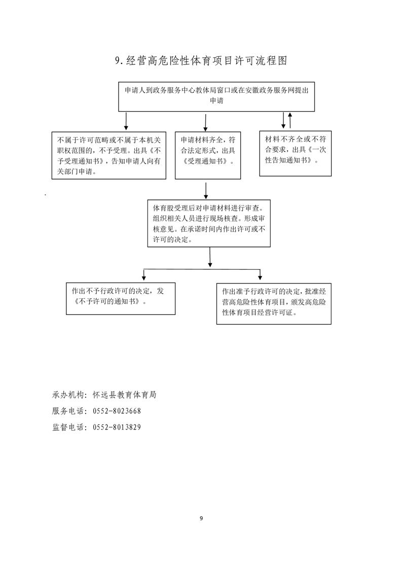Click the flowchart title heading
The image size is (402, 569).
[x=201, y=60]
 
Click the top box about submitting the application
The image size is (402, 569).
[x=216, y=96]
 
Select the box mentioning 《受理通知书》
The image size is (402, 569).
[x=207, y=155]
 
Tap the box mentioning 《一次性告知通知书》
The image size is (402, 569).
[x=296, y=154]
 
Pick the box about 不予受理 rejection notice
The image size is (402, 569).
[x=109, y=155]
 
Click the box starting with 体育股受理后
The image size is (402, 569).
[x=209, y=223]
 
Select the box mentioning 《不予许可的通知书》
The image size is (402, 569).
[x=121, y=299]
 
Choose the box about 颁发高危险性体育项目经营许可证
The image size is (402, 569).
[x=274, y=304]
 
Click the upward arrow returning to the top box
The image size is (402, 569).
[x=290, y=121]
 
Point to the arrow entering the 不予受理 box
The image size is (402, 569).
[x=126, y=121]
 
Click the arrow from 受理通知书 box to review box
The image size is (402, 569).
[x=206, y=191]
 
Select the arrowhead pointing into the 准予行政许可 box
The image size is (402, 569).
[x=260, y=277]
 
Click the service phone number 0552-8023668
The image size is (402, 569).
[x=117, y=411]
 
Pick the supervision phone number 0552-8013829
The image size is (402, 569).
[x=117, y=427]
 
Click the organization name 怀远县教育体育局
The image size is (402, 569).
[x=124, y=395]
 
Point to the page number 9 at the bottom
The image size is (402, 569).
[x=201, y=518]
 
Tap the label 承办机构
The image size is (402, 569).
[x=68, y=395]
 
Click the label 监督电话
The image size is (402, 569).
[x=68, y=427]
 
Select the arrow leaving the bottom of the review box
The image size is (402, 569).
[x=210, y=257]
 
